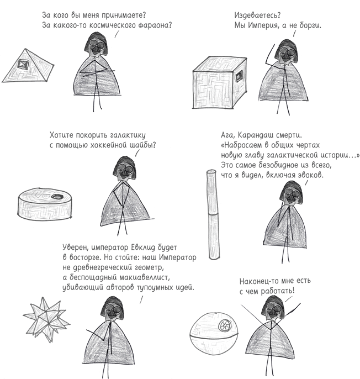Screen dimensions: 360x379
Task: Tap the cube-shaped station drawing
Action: [220, 83]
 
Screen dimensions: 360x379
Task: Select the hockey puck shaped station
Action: [45, 203]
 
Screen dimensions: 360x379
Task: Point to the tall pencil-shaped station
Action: [213, 214]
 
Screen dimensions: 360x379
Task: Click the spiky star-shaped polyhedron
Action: [46, 319]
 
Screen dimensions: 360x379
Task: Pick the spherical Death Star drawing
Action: [214, 336]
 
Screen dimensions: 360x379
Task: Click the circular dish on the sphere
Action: [225, 325]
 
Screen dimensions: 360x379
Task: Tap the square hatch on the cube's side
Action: [240, 77]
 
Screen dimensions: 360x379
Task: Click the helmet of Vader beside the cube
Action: [287, 52]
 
